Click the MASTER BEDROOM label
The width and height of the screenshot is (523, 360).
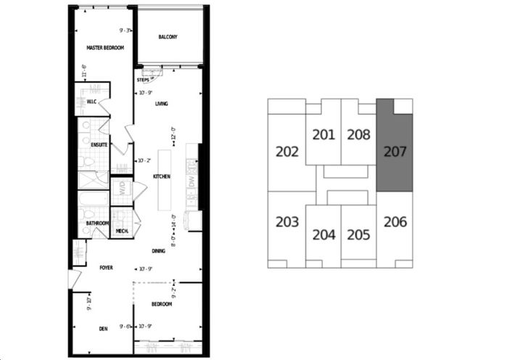(105, 48)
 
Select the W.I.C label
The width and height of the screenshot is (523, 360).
(92, 102)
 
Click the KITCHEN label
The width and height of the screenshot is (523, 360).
(161, 176)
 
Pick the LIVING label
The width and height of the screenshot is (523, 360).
(161, 104)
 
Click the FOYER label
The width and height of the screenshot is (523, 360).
(107, 268)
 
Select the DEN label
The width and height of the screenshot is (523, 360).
(104, 329)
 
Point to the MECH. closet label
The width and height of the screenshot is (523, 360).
(122, 231)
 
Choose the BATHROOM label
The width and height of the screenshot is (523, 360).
(97, 223)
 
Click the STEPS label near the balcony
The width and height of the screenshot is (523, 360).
(143, 80)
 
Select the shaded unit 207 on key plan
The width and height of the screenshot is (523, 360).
(395, 153)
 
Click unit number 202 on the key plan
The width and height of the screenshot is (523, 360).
(287, 152)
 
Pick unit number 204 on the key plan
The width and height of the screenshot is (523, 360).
(324, 235)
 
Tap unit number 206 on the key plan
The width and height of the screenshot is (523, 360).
(395, 222)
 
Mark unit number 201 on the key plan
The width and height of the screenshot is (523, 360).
(324, 134)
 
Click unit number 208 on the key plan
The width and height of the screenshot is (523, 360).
(358, 134)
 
